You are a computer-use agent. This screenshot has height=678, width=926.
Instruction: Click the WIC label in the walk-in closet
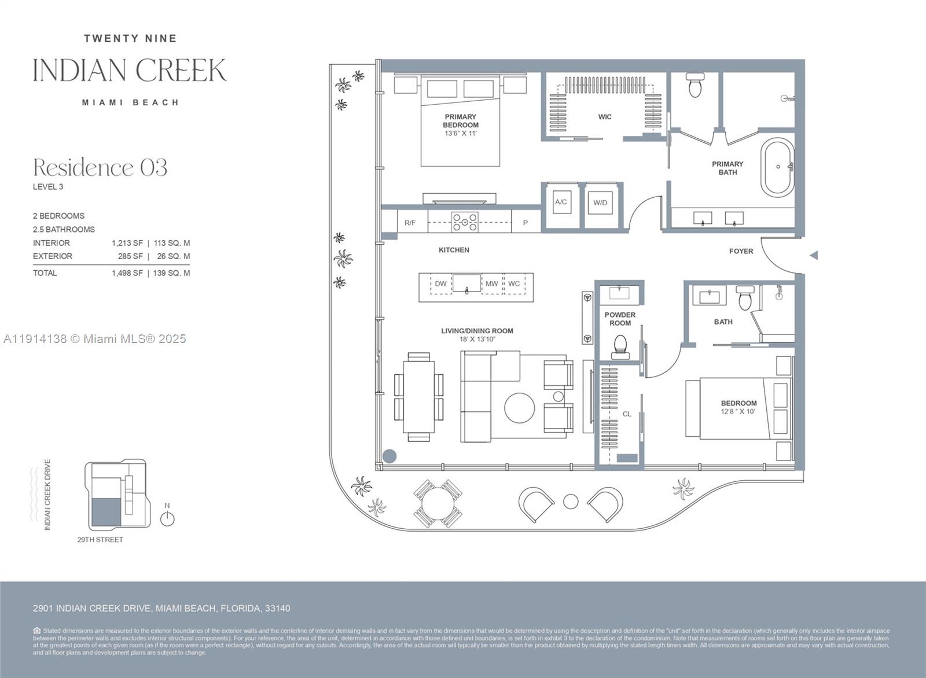tap(604, 117)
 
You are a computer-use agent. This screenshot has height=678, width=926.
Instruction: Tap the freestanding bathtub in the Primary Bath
tap(777, 167)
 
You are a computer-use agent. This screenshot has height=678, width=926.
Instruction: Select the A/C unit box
tap(561, 202)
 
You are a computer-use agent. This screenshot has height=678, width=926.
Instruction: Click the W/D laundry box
tap(600, 203)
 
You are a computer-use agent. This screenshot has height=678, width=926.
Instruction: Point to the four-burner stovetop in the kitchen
tap(465, 222)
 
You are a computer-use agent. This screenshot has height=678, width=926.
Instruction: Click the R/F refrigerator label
tap(410, 223)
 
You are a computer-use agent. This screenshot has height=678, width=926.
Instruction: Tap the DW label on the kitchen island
tap(441, 283)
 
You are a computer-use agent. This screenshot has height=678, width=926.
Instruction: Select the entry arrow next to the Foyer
tap(813, 255)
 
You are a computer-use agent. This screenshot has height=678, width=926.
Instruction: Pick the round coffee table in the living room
tap(519, 408)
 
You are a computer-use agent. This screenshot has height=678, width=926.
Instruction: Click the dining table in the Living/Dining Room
tap(419, 397)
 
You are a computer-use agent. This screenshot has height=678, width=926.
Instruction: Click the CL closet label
tap(627, 414)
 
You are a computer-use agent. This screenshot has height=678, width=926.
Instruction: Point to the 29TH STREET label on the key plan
tap(100, 540)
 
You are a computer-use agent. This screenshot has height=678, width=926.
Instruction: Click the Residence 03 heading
tap(100, 168)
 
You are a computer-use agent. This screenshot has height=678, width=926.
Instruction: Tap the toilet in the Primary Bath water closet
tap(694, 86)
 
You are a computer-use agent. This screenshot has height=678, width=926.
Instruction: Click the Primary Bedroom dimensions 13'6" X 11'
tap(460, 134)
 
